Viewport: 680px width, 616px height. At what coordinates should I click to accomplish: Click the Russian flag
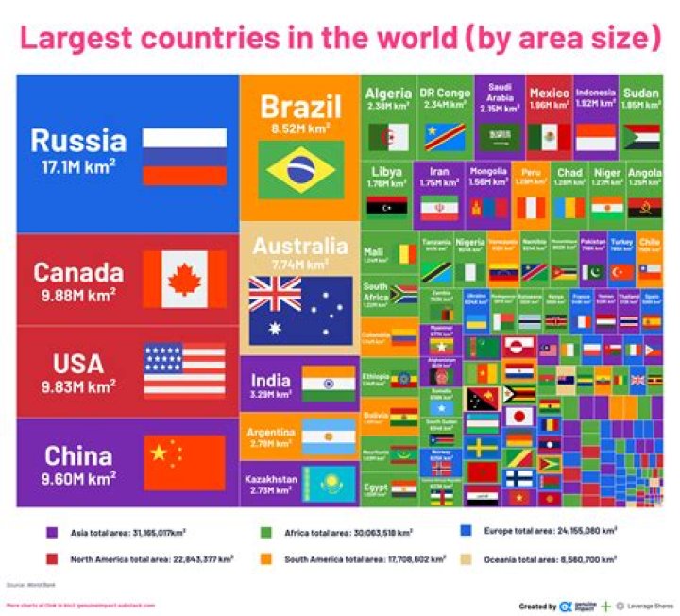click(184, 156)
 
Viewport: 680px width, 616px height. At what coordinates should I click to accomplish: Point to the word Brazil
click(299, 105)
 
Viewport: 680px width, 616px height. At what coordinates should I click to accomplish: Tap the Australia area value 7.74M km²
click(299, 265)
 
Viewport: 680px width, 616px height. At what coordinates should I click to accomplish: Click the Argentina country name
click(271, 431)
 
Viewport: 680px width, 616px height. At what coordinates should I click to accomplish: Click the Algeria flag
click(388, 138)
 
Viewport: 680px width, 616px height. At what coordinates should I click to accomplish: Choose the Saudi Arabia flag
click(499, 138)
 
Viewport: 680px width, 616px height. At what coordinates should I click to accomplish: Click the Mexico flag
click(549, 138)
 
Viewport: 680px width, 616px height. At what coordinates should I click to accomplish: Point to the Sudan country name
click(641, 94)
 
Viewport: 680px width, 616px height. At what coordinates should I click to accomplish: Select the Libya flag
click(388, 205)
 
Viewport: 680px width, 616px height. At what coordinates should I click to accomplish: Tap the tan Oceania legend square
click(464, 558)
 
